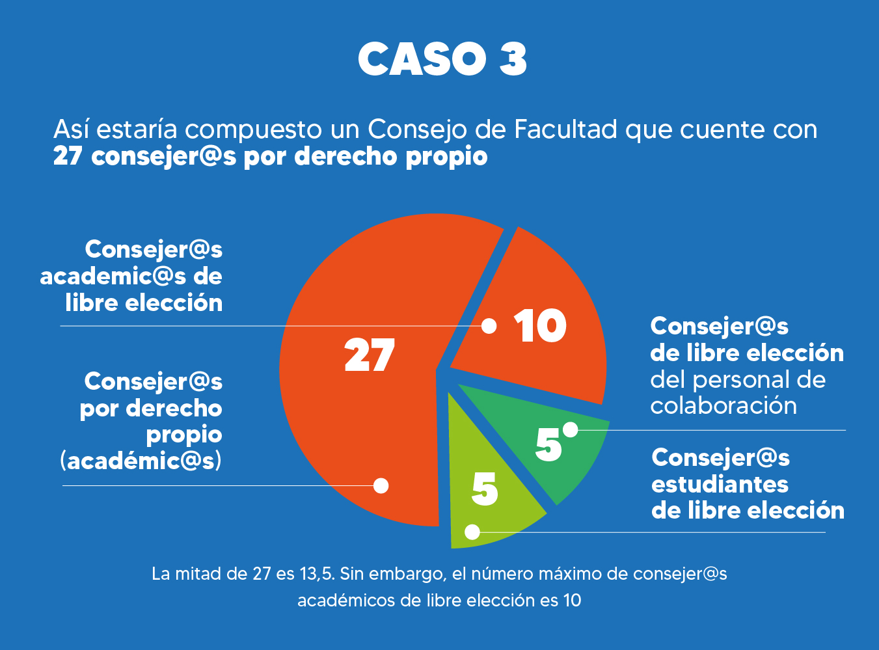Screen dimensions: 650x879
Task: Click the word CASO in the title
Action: point(422,59)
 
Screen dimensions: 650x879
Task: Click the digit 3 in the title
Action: point(513,59)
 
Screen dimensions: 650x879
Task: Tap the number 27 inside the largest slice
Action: point(370,355)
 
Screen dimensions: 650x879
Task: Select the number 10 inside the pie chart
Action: point(540,326)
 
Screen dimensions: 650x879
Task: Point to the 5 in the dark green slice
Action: point(548,445)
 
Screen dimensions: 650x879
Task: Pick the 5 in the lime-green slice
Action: point(485,489)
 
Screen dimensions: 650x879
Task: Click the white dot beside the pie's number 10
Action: point(489,326)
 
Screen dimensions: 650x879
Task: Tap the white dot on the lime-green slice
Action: point(473,532)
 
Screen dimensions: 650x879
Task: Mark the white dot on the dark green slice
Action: point(571,429)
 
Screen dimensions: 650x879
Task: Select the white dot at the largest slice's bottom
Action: point(381,485)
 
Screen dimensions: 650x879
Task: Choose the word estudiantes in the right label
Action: point(720,484)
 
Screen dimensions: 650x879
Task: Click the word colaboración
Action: point(723,405)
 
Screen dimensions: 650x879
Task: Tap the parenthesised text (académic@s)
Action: point(141,461)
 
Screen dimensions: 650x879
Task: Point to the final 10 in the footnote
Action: point(572,600)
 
